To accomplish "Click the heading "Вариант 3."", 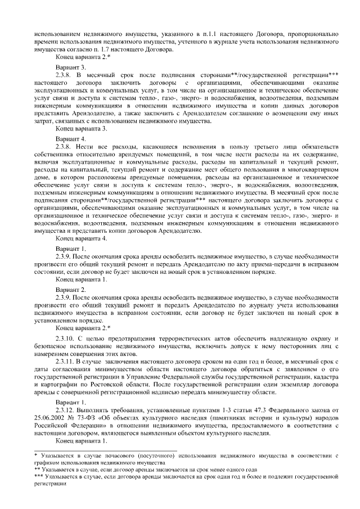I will [x=70, y=66].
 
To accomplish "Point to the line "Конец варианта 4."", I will [x=81, y=238].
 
